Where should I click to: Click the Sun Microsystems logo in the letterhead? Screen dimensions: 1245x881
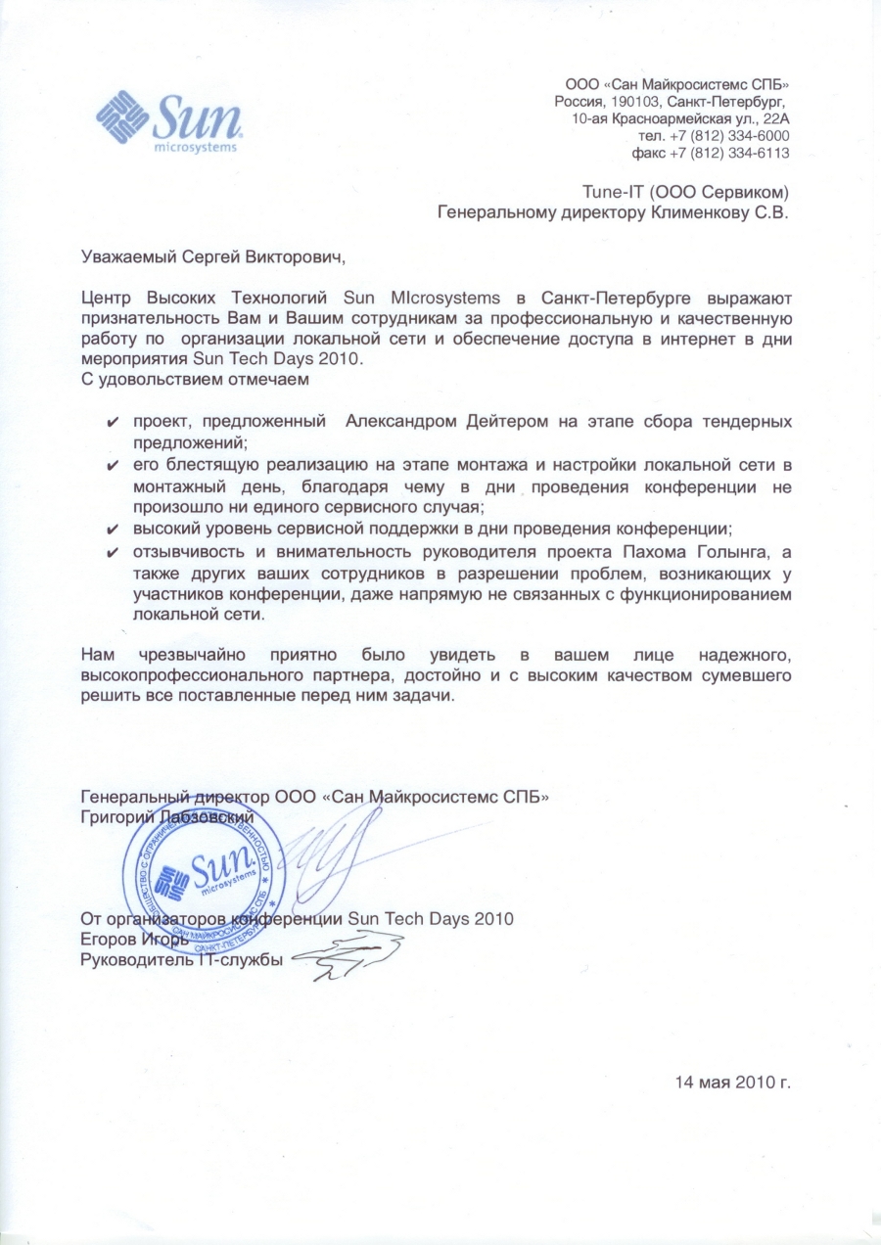tap(168, 121)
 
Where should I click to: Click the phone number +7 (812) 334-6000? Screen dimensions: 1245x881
tap(729, 136)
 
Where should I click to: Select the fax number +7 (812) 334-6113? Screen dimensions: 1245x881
tap(729, 154)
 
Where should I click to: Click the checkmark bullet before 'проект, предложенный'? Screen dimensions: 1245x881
tap(114, 422)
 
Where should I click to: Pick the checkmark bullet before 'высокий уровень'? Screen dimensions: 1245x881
tap(114, 529)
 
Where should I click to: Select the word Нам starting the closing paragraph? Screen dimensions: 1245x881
tap(99, 655)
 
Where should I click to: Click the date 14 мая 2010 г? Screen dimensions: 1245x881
tap(731, 1083)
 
